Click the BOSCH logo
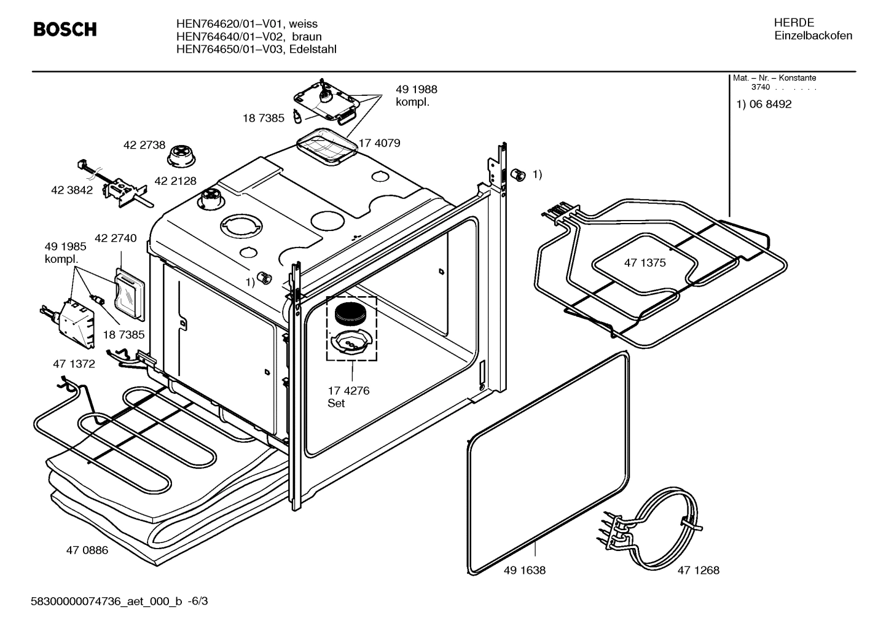pyautogui.click(x=65, y=29)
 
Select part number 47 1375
pyautogui.click(x=645, y=263)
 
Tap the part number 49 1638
pyautogui.click(x=524, y=570)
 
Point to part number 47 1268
pyautogui.click(x=698, y=570)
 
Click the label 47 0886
pyautogui.click(x=87, y=550)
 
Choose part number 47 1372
pyautogui.click(x=74, y=364)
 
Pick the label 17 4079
pyautogui.click(x=379, y=143)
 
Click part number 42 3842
pyautogui.click(x=72, y=190)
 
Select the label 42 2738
pyautogui.click(x=144, y=145)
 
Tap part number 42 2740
pyautogui.click(x=116, y=238)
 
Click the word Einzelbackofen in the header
pyautogui.click(x=813, y=36)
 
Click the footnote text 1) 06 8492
pyautogui.click(x=764, y=104)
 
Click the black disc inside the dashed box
pyautogui.click(x=350, y=313)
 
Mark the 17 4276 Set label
pyautogui.click(x=348, y=397)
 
